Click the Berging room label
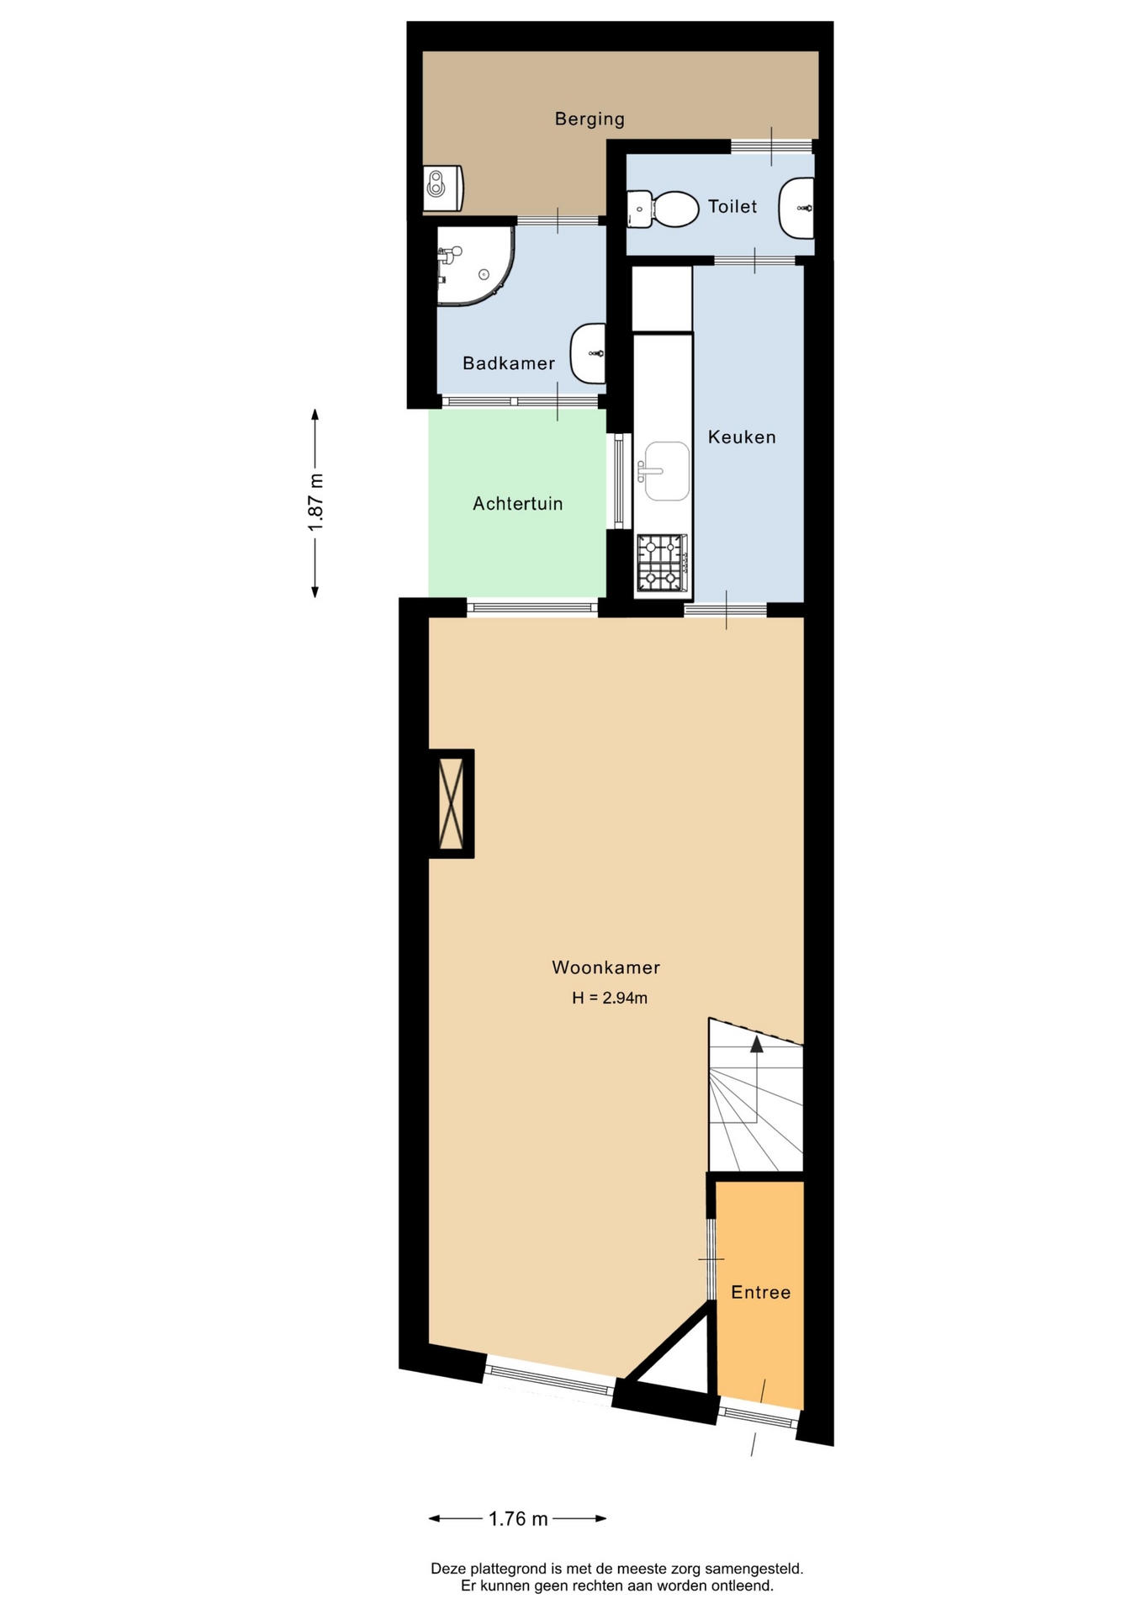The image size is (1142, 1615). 590,119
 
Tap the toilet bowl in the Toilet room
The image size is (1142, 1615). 664,209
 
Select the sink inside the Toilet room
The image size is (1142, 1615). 796,208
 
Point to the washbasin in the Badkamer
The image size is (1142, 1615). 588,353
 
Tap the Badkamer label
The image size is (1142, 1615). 509,363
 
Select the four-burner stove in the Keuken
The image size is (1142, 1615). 662,563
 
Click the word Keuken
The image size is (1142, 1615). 742,437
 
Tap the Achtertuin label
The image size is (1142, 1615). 517,504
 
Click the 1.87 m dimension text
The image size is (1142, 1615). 315,502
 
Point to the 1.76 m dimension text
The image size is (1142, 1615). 518,1518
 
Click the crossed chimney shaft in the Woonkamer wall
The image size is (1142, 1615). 452,803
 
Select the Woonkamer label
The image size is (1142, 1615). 605,967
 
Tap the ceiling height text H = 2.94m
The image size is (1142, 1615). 610,998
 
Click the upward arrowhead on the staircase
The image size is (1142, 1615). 757,1044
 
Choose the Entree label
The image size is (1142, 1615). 760,1292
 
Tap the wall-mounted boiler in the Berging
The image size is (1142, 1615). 443,188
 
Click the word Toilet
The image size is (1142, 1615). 732,206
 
